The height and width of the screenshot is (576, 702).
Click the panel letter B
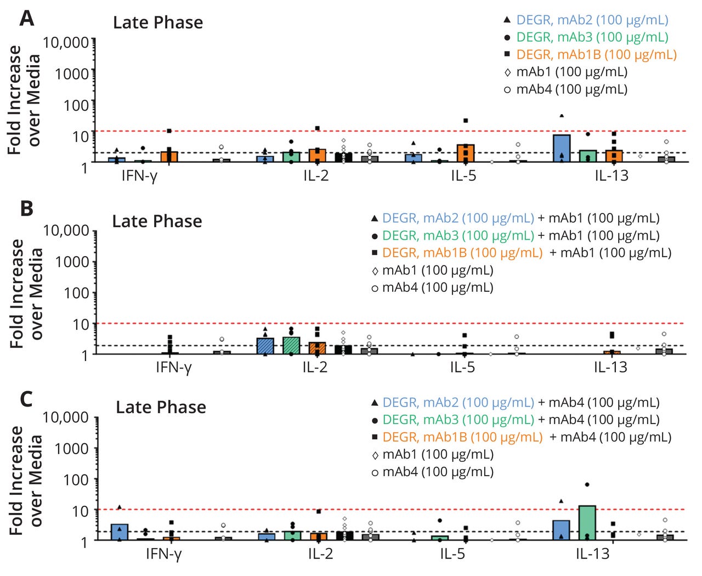pos(26,209)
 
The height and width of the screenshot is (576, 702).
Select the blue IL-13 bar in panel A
pos(562,149)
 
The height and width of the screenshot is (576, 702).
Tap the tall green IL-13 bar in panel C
pos(587,523)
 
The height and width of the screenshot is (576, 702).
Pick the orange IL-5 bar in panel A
pos(465,154)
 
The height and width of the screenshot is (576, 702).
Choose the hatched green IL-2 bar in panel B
pos(291,346)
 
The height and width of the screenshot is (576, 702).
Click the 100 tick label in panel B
pos(76,293)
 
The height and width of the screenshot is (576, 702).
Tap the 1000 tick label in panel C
pos(71,449)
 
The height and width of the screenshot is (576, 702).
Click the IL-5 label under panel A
pos(463,176)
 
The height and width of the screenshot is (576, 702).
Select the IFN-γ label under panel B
pos(173,367)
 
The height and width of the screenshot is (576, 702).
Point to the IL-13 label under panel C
pos(592,554)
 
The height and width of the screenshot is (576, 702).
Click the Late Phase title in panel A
pos(158,22)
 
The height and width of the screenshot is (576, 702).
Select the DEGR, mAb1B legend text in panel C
pos(462,437)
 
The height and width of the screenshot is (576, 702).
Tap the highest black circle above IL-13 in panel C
pos(587,484)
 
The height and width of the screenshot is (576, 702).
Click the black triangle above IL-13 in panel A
pos(562,116)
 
